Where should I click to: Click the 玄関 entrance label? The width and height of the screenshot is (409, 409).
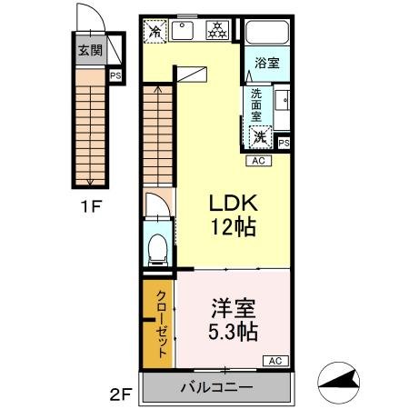[x=89, y=51]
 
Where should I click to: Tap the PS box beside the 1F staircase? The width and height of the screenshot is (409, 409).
[x=115, y=76]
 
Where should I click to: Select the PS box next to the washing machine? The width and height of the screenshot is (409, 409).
[x=284, y=142]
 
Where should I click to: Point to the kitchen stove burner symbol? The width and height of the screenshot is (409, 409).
[x=218, y=30]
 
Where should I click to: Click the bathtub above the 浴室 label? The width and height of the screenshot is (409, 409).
[x=265, y=32]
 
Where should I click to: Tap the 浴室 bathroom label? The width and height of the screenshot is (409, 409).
[x=266, y=64]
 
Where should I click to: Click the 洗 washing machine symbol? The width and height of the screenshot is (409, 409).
[x=261, y=137]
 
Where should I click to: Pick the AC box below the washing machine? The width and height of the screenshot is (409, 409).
[x=258, y=160]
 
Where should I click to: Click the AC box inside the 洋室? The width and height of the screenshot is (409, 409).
[x=274, y=361]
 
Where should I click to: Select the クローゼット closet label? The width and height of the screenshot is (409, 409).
[x=159, y=323]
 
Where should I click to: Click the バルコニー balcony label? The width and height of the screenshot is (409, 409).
[x=216, y=387]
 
